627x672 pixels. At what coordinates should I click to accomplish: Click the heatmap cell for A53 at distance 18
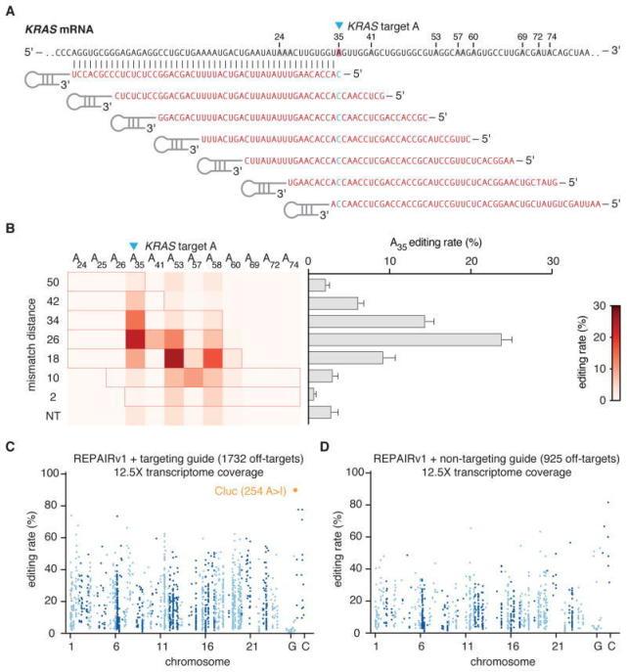coord(174,358)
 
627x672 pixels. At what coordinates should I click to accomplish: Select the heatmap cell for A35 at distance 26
coord(135,339)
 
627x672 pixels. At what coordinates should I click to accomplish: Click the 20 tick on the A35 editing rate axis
coord(470,260)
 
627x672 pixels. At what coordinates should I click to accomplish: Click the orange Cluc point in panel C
coord(294,490)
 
